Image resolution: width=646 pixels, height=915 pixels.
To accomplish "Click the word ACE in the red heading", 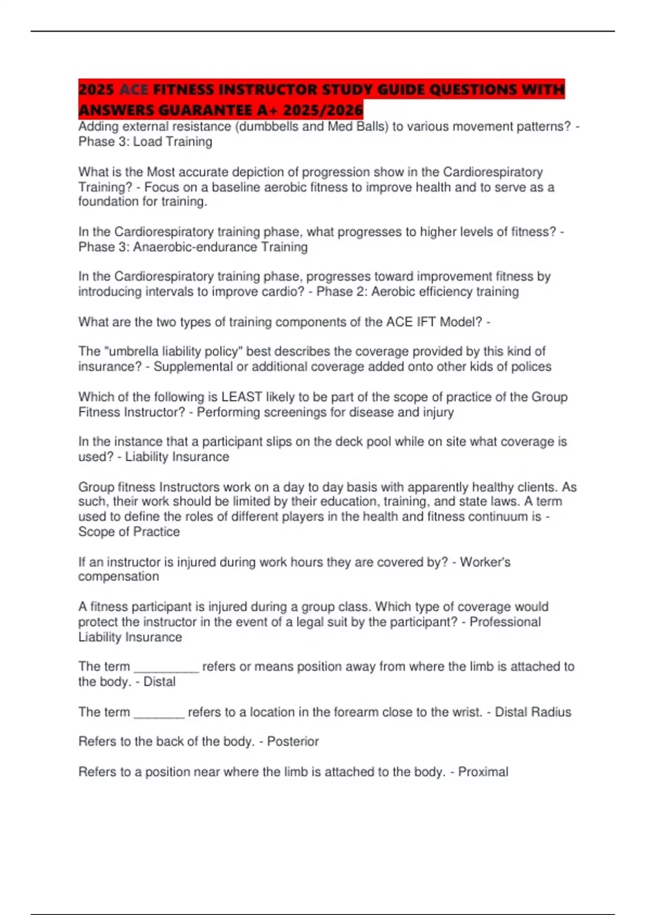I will [134, 89].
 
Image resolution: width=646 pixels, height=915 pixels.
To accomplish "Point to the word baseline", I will [236, 187].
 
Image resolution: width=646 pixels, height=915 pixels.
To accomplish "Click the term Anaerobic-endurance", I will [195, 247].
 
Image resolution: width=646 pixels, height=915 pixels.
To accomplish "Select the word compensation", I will [118, 576].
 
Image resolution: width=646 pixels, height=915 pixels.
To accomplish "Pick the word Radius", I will [551, 712].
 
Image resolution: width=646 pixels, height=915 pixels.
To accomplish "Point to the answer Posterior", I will [293, 742].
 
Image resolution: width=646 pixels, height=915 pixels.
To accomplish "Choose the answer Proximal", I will [483, 772].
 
